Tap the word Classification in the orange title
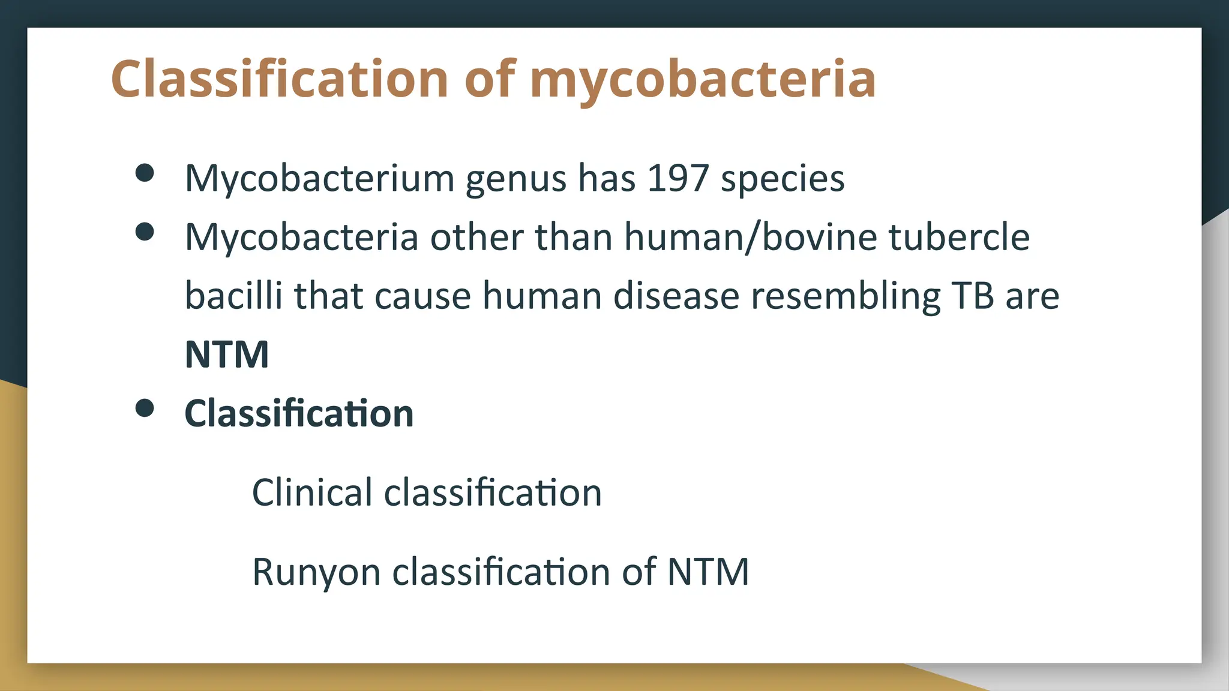point(280,79)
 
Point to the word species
point(783,179)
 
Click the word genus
point(515,179)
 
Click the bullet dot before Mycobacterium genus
point(145,173)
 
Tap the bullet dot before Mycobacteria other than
point(145,232)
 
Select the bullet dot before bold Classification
point(145,408)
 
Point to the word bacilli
point(233,296)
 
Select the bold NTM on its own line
point(227,354)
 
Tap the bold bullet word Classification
point(299,413)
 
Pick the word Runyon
point(316,572)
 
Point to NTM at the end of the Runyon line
point(708,572)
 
